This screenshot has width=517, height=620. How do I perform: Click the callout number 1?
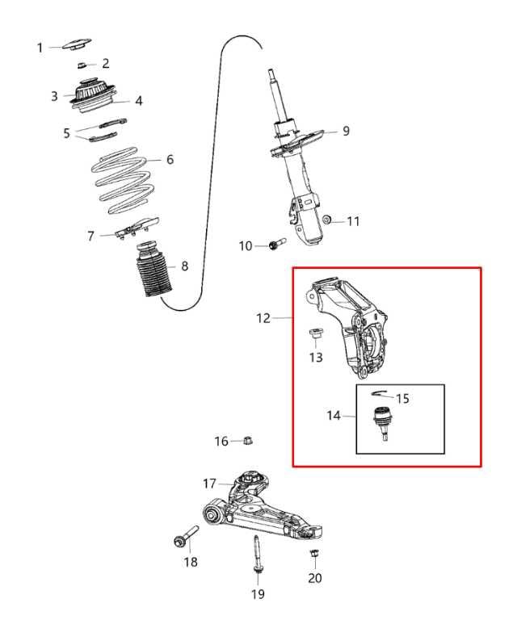(x=40, y=48)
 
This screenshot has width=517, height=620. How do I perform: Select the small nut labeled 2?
(x=83, y=63)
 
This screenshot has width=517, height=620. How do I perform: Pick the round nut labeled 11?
(x=326, y=220)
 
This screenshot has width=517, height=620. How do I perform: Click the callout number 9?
(x=346, y=131)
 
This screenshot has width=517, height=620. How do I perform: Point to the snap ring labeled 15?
(x=380, y=394)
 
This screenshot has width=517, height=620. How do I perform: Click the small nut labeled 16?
(x=249, y=440)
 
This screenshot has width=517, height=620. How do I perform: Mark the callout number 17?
(x=209, y=484)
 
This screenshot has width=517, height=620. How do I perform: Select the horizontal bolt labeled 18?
(x=185, y=538)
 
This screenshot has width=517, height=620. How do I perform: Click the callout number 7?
(x=92, y=236)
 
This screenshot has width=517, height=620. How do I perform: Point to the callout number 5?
(x=67, y=133)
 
